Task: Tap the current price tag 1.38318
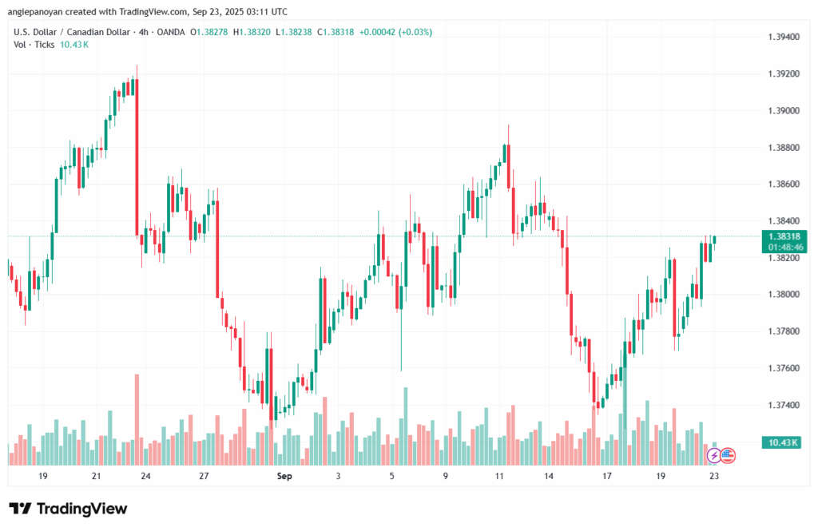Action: pyautogui.click(x=784, y=236)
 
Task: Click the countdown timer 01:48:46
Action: pyautogui.click(x=784, y=248)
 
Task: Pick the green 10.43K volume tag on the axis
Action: pyautogui.click(x=784, y=442)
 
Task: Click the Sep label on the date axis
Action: pyautogui.click(x=284, y=476)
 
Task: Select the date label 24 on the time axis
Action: pyautogui.click(x=146, y=476)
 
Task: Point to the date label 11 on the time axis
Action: pyautogui.click(x=499, y=476)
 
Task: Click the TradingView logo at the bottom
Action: pyautogui.click(x=68, y=509)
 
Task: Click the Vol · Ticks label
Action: pyautogui.click(x=34, y=44)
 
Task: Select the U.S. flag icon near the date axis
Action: pyautogui.click(x=727, y=456)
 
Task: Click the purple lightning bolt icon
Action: pyautogui.click(x=713, y=456)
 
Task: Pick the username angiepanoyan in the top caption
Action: pyautogui.click(x=37, y=12)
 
